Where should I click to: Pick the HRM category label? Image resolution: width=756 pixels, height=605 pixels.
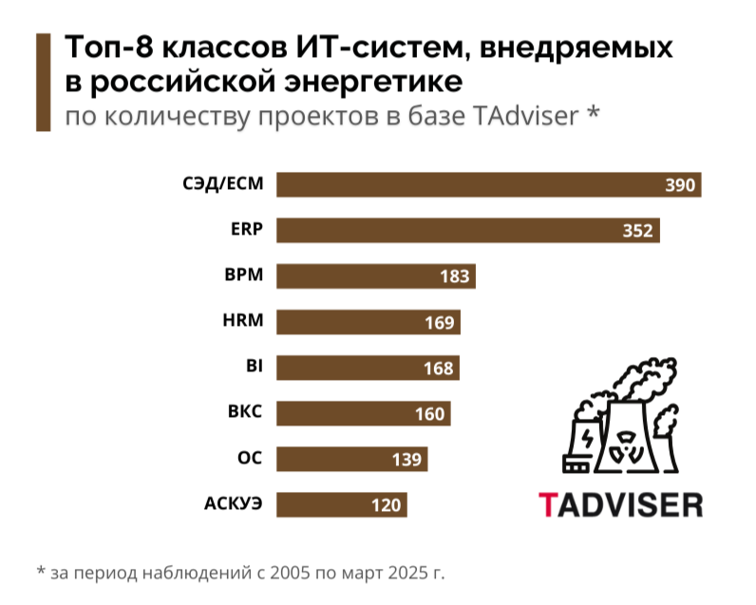point(241,322)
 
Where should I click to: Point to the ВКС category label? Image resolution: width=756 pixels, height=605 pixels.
point(244,413)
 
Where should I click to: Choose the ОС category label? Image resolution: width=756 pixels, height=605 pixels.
point(249,459)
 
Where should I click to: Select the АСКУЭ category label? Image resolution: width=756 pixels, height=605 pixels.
point(233,504)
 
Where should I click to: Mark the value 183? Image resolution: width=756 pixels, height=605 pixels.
point(455,276)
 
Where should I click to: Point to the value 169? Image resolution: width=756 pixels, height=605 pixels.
point(440,322)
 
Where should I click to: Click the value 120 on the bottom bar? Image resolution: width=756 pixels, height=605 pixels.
point(387,504)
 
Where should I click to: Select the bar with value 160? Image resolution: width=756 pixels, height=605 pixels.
point(363,413)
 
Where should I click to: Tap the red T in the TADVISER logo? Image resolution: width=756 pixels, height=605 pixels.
point(548,503)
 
